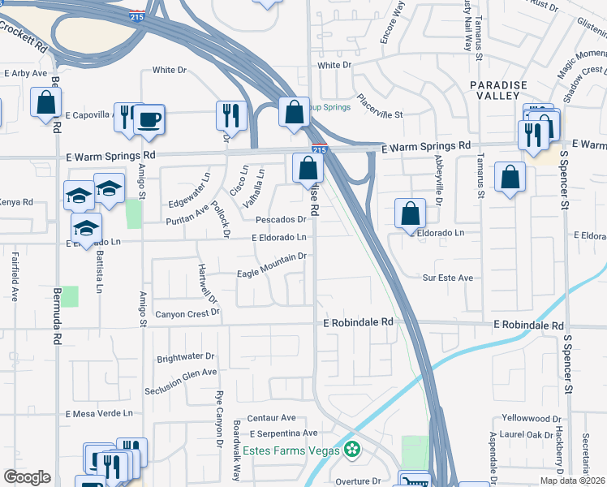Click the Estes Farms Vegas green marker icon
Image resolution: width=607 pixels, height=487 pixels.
[352, 449]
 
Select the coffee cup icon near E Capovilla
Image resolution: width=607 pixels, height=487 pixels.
[149, 120]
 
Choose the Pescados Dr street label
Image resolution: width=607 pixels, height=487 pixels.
[281, 219]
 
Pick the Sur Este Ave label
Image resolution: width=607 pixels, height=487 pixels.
[448, 278]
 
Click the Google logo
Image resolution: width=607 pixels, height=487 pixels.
[27, 477]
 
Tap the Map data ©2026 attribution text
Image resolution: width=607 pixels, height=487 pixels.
[572, 481]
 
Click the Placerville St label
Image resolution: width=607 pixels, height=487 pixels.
[377, 116]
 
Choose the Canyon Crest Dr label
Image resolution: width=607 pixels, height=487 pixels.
[187, 314]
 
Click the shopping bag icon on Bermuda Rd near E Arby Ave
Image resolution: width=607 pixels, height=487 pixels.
[45, 103]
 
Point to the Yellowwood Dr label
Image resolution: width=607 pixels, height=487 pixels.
[530, 418]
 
